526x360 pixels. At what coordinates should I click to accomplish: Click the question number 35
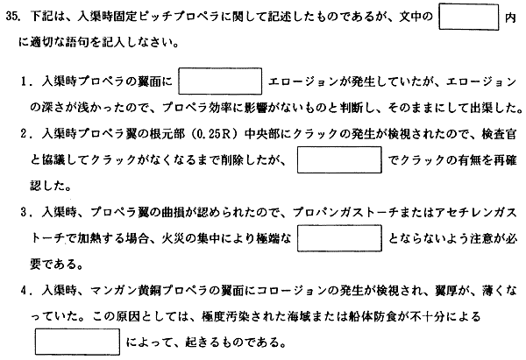point(13,17)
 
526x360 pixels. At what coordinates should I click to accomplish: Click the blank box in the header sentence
point(469,17)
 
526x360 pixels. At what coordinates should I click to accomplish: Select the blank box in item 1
point(220,81)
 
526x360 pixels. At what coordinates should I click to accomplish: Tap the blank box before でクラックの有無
point(339,160)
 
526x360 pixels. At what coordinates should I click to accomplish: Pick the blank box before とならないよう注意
point(339,238)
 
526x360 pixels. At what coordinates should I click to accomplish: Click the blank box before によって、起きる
point(77,342)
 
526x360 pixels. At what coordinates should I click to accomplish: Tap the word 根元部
point(167,134)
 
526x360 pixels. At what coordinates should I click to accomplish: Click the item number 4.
point(24,291)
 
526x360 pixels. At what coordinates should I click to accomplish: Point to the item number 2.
point(24,134)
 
